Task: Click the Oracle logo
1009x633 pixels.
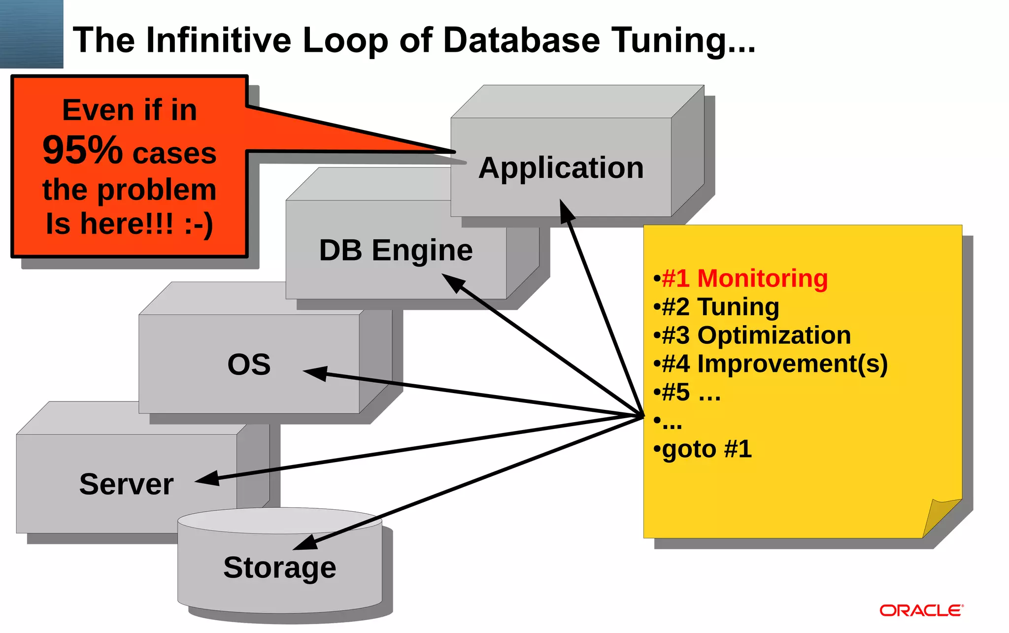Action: tap(921, 611)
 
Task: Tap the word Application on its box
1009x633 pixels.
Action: tap(561, 168)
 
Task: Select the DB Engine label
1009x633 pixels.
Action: tap(396, 250)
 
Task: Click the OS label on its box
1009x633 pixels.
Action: tap(249, 365)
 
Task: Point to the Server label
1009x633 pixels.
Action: tap(126, 484)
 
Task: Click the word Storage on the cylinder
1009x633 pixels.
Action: tap(279, 568)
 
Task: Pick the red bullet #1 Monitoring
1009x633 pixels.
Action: tap(740, 279)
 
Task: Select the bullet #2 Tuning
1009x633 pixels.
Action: tap(716, 307)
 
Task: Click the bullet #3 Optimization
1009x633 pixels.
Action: tap(752, 335)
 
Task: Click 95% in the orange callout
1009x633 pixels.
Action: tap(82, 150)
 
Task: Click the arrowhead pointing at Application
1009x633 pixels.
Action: tap(566, 210)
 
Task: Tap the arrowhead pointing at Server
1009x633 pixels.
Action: tap(207, 479)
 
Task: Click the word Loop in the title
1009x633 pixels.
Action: tap(345, 40)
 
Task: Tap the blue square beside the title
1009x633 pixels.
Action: tap(32, 33)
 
